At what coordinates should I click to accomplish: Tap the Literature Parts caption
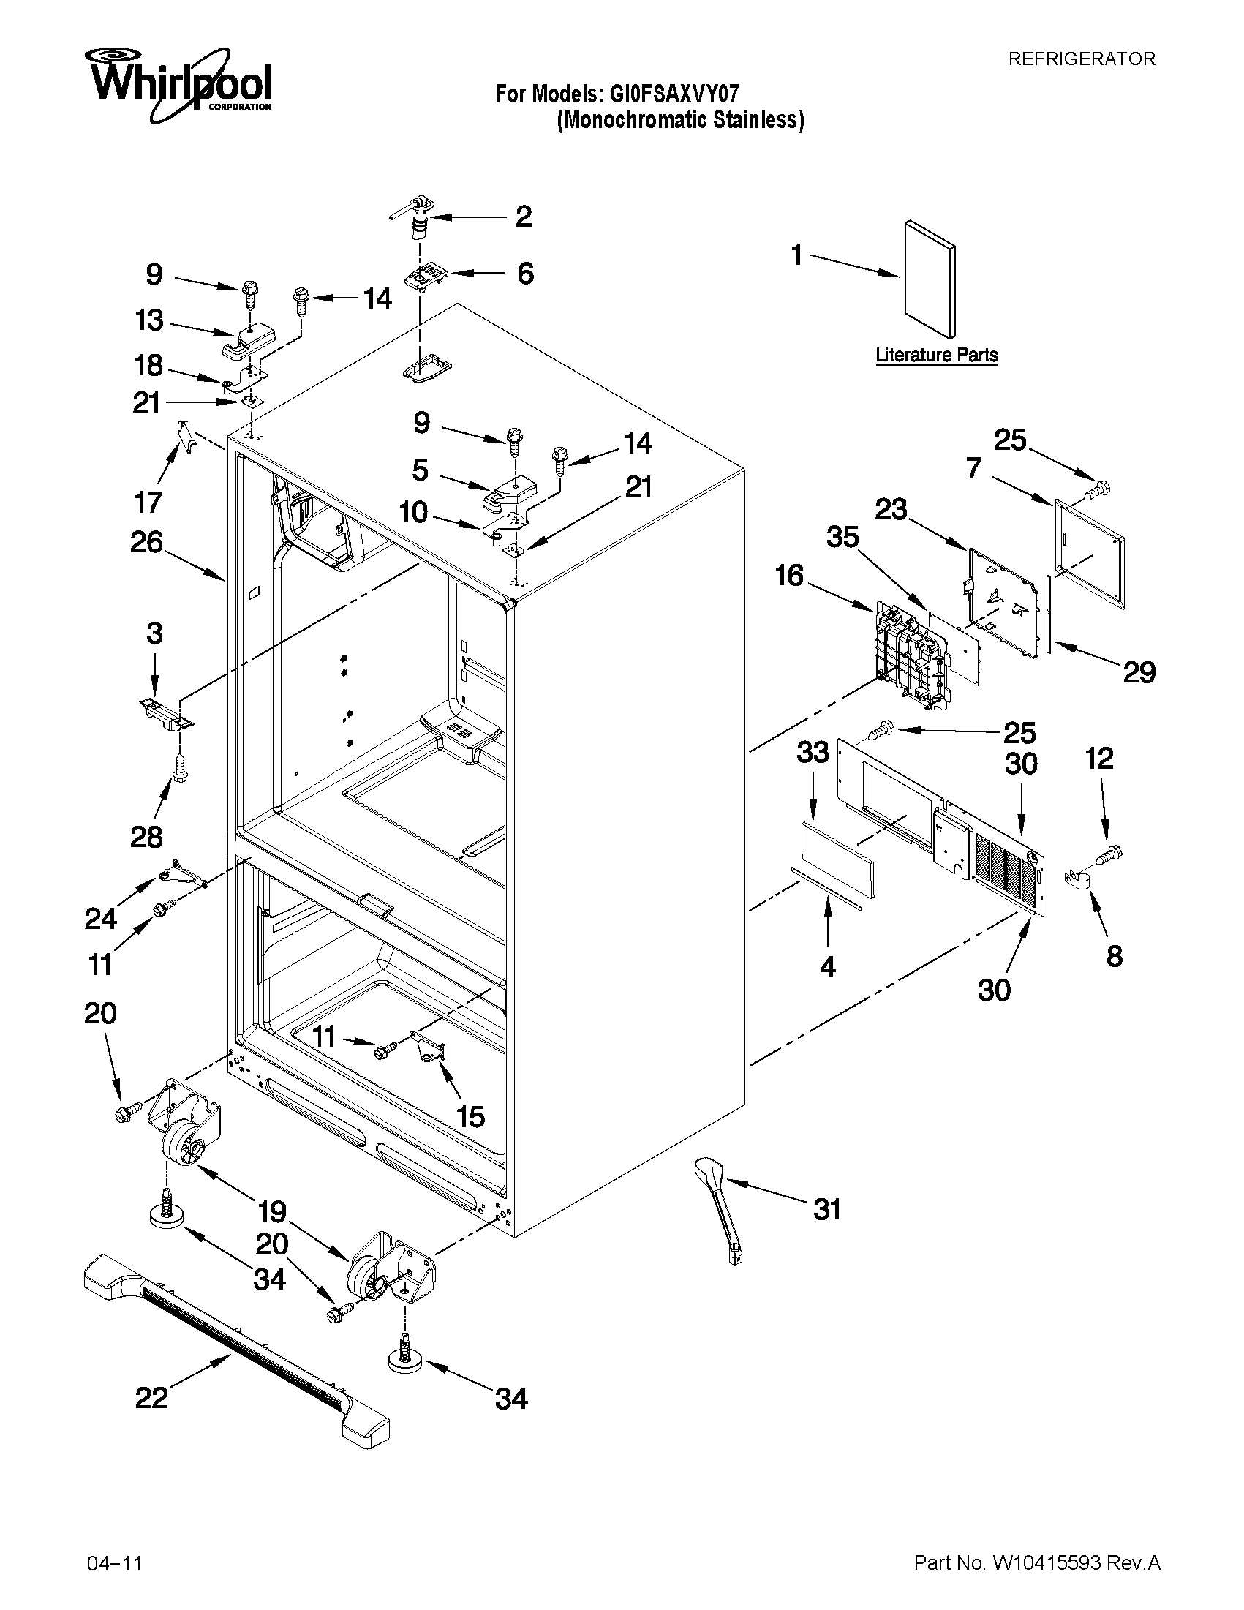[x=937, y=355]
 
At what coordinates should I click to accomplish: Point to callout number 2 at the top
[x=523, y=217]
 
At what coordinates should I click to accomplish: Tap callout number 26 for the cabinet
[x=147, y=542]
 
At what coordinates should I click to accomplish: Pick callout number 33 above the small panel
[x=813, y=753]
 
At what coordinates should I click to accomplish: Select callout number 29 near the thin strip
[x=1139, y=672]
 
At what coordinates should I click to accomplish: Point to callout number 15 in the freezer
[x=470, y=1116]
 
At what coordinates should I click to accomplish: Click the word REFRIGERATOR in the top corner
[x=1081, y=59]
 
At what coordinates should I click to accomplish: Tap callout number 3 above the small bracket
[x=154, y=633]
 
